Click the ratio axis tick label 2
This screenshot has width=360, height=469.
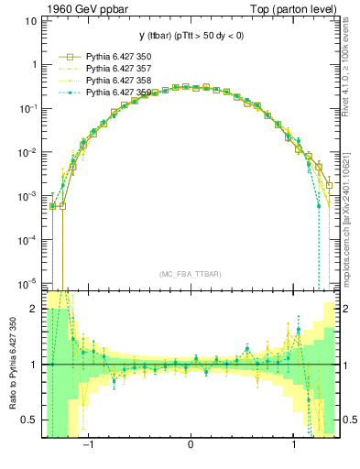click(x=34, y=309)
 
